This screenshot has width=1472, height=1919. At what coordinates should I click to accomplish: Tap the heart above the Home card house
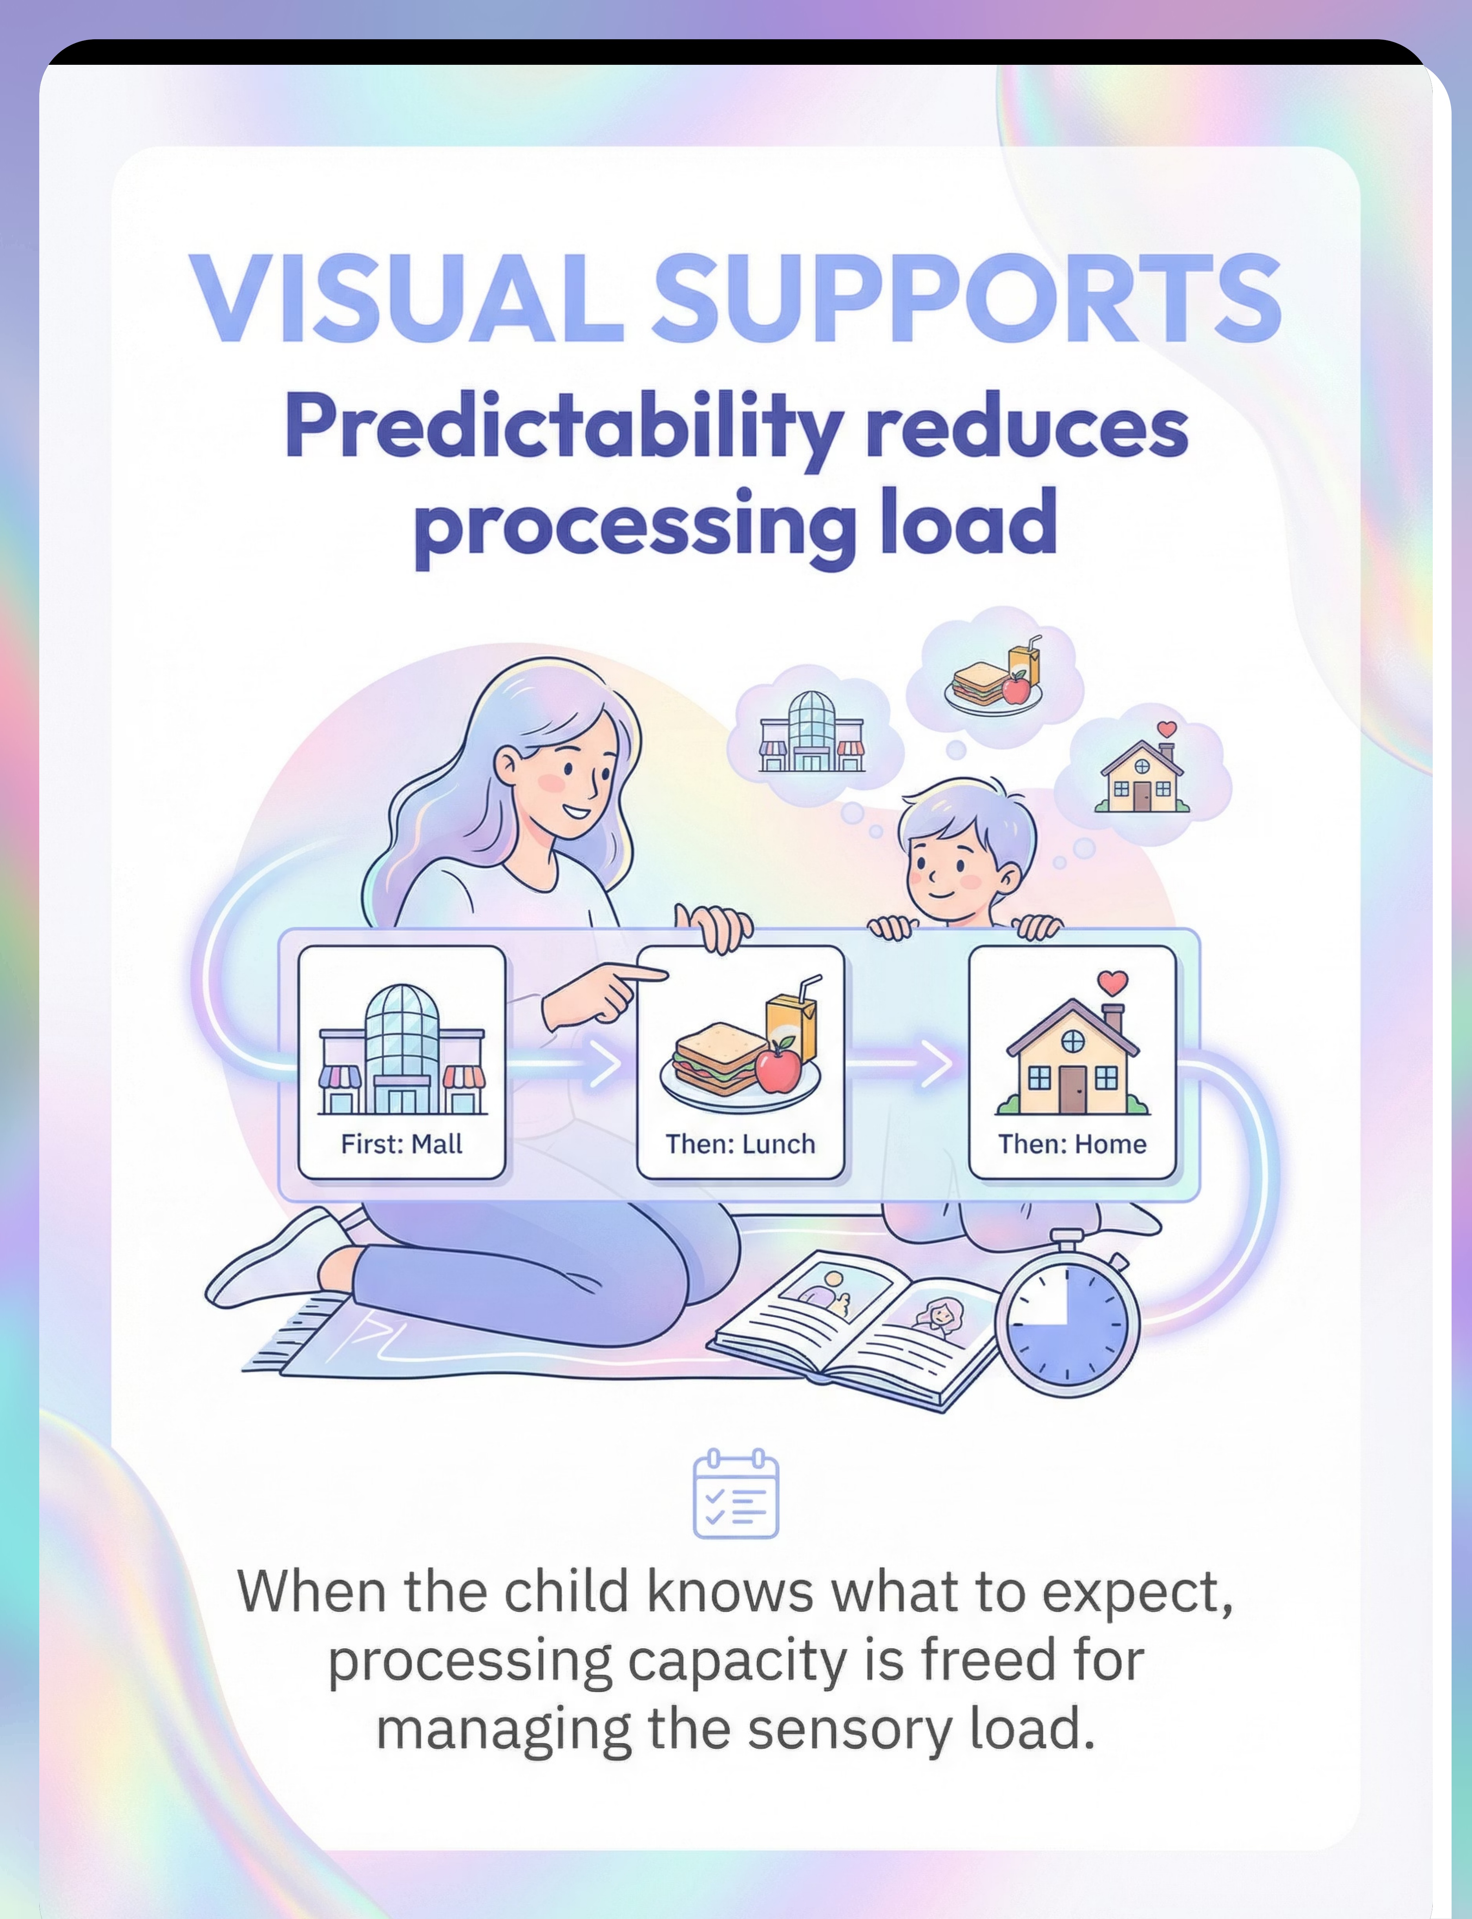[1113, 982]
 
